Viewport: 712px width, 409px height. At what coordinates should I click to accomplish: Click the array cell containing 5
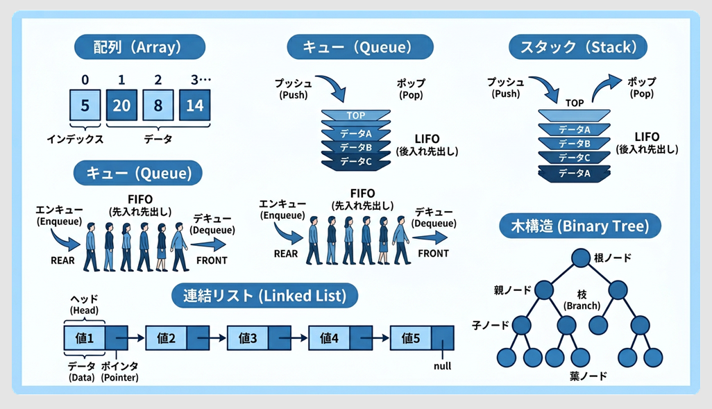click(x=85, y=106)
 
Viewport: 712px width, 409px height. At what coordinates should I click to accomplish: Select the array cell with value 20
click(x=122, y=106)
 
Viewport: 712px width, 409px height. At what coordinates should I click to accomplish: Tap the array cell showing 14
click(x=195, y=106)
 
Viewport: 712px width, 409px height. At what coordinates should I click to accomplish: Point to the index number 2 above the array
click(x=158, y=79)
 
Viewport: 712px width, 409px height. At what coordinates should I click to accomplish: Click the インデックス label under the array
click(x=75, y=139)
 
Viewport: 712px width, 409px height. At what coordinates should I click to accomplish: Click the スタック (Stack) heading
click(x=578, y=47)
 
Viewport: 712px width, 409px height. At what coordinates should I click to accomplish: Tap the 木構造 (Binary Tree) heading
click(x=580, y=226)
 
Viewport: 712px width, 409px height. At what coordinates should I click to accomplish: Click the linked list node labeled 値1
click(x=85, y=338)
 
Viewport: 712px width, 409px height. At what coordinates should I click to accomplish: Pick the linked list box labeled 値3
click(x=248, y=338)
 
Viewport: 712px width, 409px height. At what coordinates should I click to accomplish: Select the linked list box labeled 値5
click(x=411, y=338)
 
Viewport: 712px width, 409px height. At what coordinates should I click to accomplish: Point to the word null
click(x=441, y=365)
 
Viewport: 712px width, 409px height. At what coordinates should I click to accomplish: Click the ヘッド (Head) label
click(x=85, y=303)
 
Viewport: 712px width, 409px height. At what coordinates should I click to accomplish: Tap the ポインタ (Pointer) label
click(x=119, y=371)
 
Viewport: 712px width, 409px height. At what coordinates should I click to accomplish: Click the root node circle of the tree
click(x=580, y=258)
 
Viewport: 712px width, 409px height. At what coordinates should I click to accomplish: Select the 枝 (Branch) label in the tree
click(x=582, y=300)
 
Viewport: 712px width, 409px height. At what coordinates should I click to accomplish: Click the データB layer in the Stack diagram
click(x=574, y=143)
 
